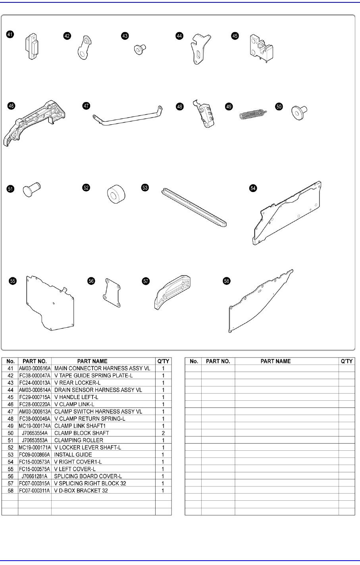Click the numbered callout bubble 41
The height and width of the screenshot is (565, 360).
pos(10,35)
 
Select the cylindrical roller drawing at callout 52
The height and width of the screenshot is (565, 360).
pos(116,194)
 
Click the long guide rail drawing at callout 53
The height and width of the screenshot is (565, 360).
pos(194,207)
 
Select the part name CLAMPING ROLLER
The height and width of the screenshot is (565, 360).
pos(79,440)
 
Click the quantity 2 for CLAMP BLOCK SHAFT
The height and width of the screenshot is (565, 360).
pos(163,433)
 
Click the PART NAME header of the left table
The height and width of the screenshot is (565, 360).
pos(92,361)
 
